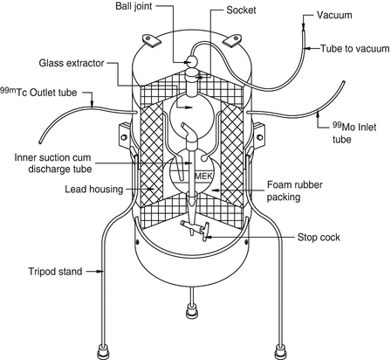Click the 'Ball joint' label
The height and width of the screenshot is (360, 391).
point(134,6)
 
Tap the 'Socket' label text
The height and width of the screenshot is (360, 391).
point(241,10)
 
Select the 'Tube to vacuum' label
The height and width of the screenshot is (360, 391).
point(355,48)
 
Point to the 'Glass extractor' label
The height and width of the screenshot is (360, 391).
point(72,63)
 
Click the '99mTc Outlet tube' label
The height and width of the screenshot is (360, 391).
point(38,92)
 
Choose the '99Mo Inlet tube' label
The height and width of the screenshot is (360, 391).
point(354,133)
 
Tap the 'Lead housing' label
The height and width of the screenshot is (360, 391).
point(94,190)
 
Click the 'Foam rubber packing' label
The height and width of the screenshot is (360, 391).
point(295,190)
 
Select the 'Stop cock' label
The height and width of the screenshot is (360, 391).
point(319,238)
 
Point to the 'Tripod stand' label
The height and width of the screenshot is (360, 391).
point(55,272)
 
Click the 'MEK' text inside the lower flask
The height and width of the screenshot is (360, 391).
point(203,176)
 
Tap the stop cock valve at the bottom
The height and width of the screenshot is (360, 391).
point(195,229)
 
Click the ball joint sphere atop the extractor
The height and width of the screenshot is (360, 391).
point(192,61)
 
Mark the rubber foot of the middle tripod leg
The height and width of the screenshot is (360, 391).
point(192,311)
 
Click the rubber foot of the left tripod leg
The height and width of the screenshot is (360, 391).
point(103,352)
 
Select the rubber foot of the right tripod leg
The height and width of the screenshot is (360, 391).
point(280,352)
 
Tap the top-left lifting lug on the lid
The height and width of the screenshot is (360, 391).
point(150,40)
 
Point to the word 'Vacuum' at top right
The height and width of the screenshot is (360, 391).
point(334,15)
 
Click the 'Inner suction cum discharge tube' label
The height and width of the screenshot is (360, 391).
point(53,163)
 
